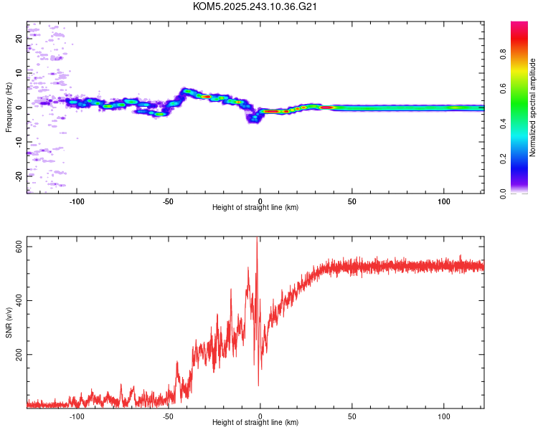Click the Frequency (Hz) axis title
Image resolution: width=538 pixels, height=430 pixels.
pyautogui.click(x=9, y=107)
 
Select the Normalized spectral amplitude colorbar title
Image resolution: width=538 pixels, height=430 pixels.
pyautogui.click(x=532, y=107)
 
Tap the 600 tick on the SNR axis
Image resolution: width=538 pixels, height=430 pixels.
pyautogui.click(x=15, y=247)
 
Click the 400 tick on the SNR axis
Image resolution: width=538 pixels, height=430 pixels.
pyautogui.click(x=15, y=300)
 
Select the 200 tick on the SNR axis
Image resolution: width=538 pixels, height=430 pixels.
pyautogui.click(x=15, y=354)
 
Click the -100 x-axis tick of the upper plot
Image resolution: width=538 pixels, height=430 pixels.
pyautogui.click(x=77, y=201)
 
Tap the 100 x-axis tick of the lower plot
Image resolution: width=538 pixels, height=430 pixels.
pyautogui.click(x=443, y=416)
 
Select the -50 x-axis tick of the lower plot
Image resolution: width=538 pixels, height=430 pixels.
pyautogui.click(x=169, y=416)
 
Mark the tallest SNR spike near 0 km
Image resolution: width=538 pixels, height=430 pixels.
pyautogui.click(x=257, y=240)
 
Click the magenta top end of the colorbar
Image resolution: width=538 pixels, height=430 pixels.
pyautogui.click(x=519, y=24)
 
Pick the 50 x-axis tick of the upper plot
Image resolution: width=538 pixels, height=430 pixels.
pyautogui.click(x=351, y=201)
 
